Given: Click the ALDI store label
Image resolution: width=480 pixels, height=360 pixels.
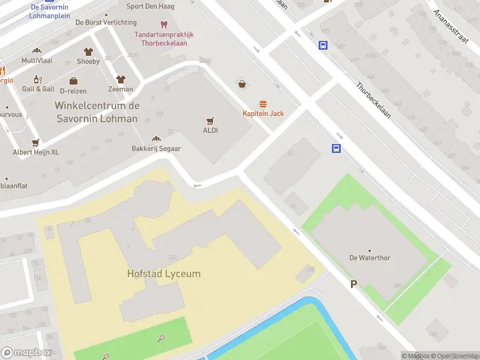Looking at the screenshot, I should click(210, 130).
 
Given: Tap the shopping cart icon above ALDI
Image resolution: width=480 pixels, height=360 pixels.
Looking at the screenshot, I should click(210, 121).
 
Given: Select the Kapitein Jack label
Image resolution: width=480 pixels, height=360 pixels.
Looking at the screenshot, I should click(263, 113).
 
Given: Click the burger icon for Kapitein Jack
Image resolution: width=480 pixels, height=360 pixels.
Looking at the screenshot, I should click(263, 104).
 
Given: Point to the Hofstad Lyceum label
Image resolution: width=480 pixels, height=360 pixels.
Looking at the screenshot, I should click(164, 274).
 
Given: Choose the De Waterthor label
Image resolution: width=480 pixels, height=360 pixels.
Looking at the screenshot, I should click(370, 258).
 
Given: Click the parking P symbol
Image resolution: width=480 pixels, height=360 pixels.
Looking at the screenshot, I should click(353, 284).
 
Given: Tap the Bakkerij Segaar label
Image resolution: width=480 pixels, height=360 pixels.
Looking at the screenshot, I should click(156, 148).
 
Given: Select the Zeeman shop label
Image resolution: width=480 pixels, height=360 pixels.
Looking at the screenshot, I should click(121, 89).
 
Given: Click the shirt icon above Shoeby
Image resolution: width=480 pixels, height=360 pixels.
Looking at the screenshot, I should click(88, 52).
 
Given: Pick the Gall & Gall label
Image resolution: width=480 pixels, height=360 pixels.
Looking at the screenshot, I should click(38, 89).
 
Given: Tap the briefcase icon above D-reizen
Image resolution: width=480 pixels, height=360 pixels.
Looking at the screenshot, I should click(73, 81).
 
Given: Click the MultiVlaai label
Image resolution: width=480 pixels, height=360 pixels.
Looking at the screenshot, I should click(37, 61).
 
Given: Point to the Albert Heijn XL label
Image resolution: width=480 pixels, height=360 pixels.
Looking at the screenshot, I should click(36, 152).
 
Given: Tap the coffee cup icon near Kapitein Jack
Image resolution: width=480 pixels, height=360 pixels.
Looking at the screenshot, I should click(242, 85).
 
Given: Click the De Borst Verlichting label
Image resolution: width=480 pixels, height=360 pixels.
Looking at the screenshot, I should click(106, 22).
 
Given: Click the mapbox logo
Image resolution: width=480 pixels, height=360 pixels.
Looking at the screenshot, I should click(26, 353).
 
